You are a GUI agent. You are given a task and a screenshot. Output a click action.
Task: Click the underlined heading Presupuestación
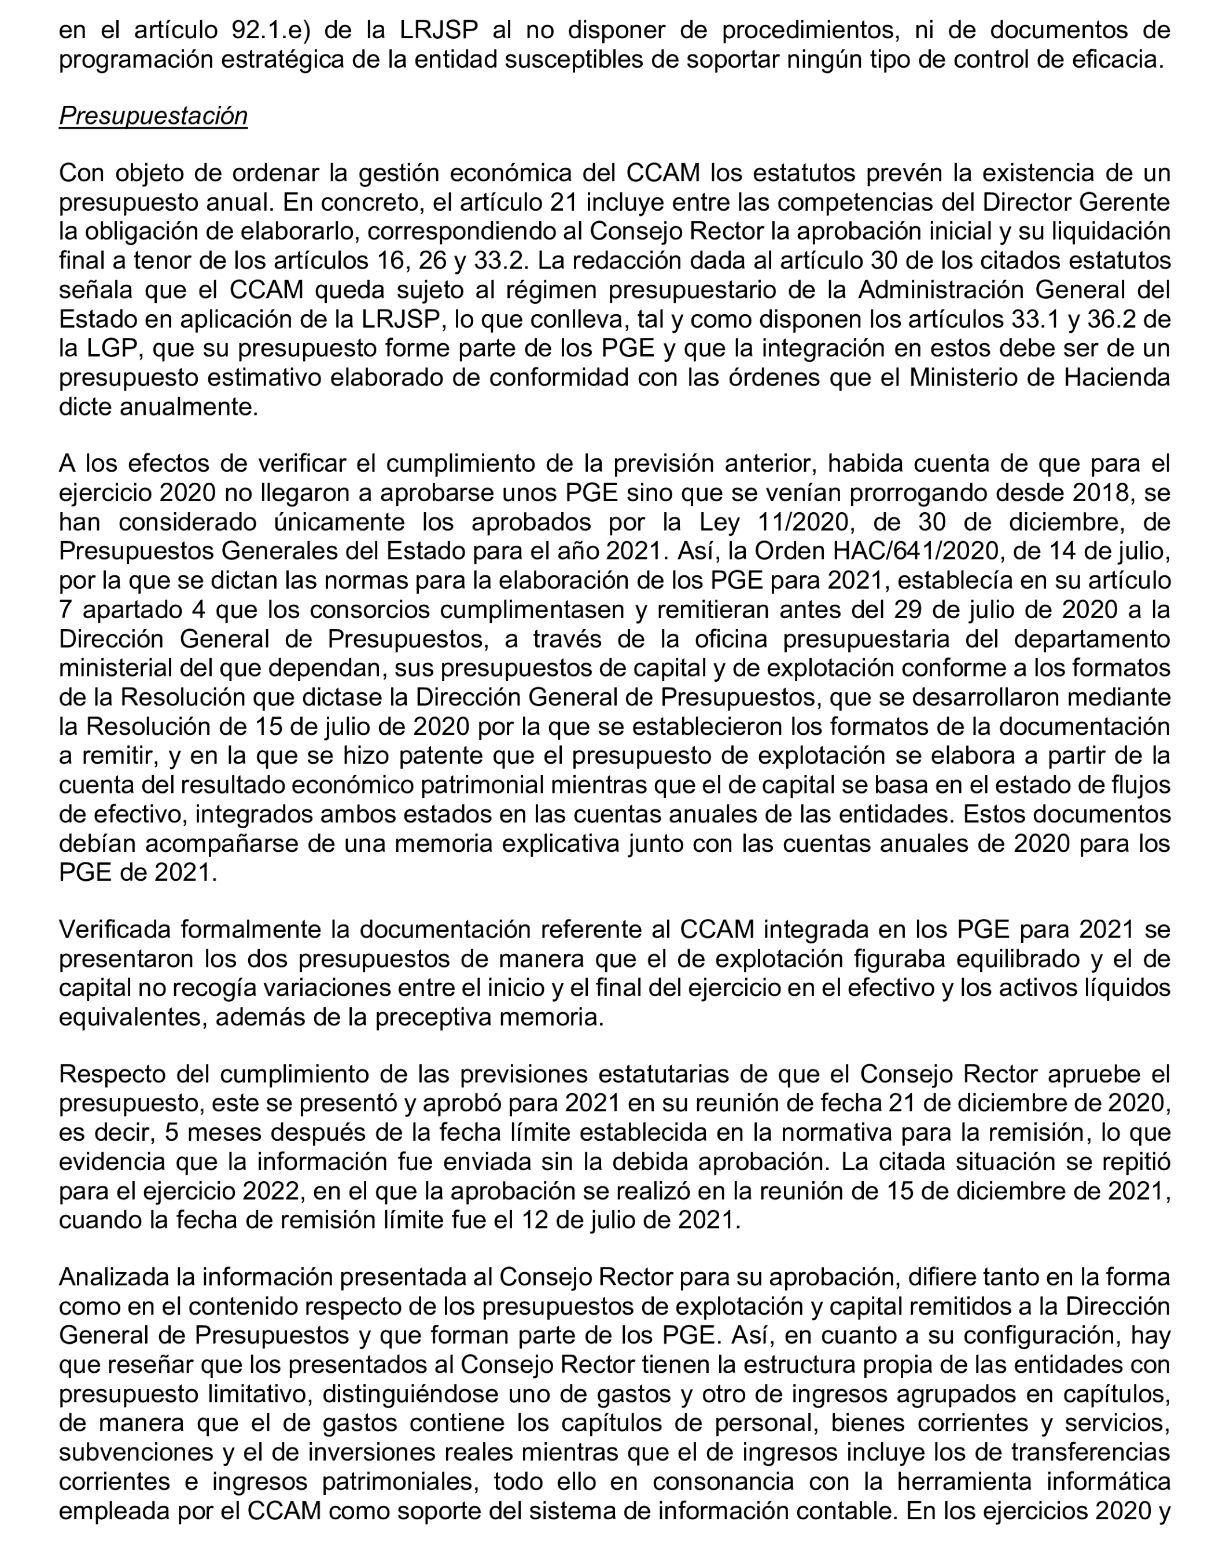click(153, 116)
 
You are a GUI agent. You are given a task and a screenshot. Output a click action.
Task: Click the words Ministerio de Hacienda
click(1039, 377)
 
